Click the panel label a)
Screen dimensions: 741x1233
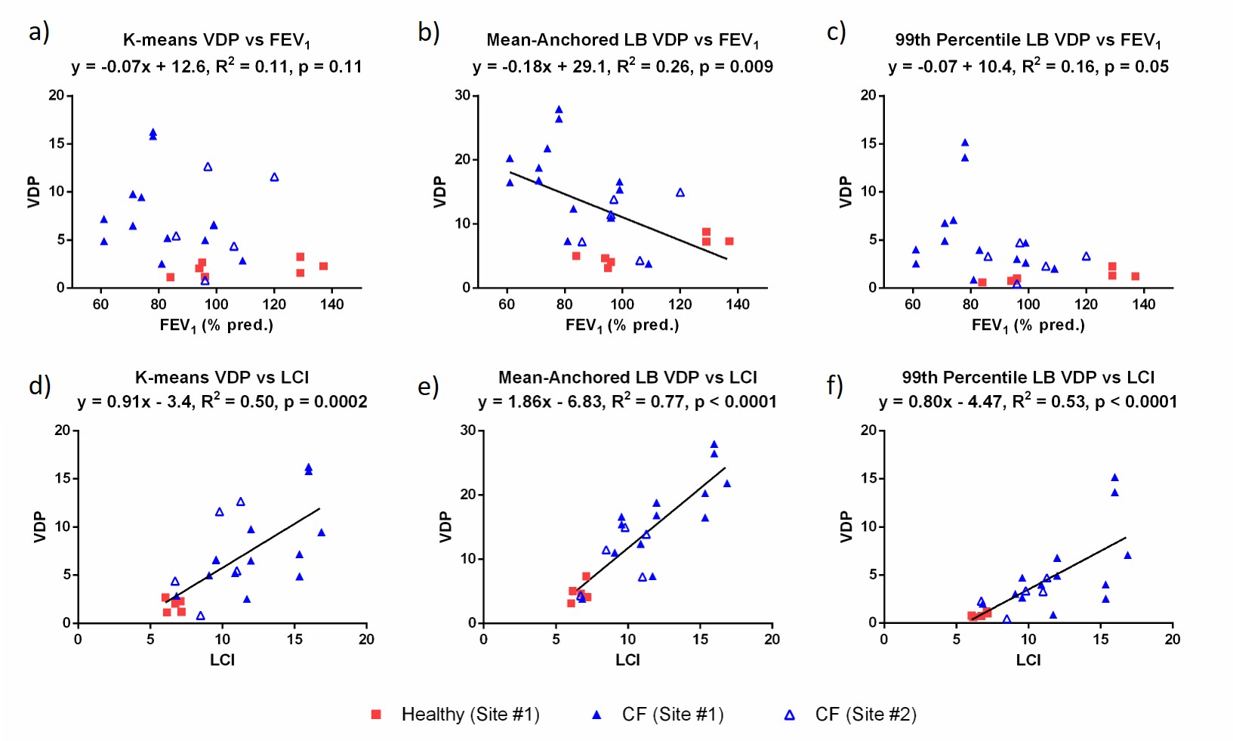[39, 32]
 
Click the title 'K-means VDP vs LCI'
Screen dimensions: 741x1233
[222, 377]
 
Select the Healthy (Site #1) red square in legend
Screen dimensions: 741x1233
[376, 715]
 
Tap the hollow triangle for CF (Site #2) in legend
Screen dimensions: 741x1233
[790, 715]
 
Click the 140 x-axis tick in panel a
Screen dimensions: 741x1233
[332, 304]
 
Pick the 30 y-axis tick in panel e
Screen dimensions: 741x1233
[467, 431]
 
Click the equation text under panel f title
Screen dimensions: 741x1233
[1028, 402]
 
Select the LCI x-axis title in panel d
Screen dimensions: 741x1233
[222, 660]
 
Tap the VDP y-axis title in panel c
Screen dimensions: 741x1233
[845, 192]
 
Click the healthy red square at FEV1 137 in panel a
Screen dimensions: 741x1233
[323, 266]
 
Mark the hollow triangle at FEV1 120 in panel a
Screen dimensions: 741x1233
[274, 178]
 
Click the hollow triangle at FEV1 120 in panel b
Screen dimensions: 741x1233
[680, 193]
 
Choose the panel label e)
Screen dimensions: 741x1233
[428, 387]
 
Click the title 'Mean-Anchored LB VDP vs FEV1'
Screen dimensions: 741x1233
[622, 40]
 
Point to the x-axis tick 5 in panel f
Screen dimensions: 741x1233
[957, 640]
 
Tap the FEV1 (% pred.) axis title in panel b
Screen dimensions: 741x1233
[622, 326]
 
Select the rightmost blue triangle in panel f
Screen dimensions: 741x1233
[1128, 556]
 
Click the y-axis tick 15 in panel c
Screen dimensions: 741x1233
[868, 144]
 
